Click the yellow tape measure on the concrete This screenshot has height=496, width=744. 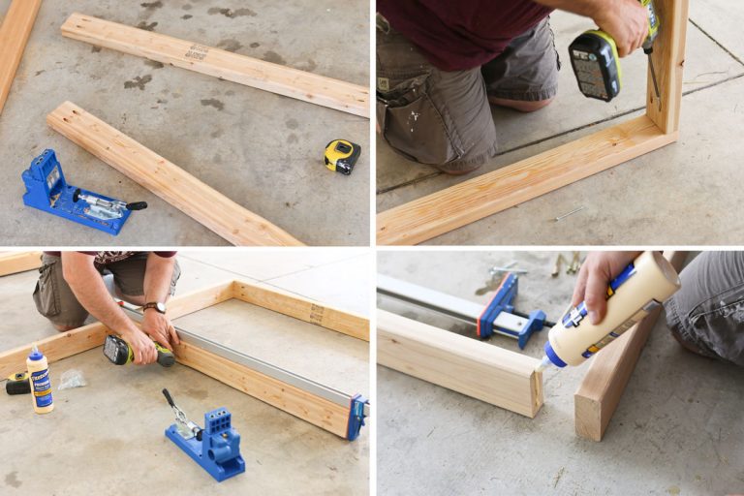[341, 155]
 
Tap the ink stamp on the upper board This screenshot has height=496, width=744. [197, 53]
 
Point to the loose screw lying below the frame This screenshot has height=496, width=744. [569, 213]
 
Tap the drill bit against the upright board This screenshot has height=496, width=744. [655, 81]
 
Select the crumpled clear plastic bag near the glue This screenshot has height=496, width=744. [72, 379]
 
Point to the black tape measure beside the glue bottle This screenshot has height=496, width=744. [16, 384]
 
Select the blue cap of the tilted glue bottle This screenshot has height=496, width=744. [555, 355]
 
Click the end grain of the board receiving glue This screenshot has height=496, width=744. [536, 387]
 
